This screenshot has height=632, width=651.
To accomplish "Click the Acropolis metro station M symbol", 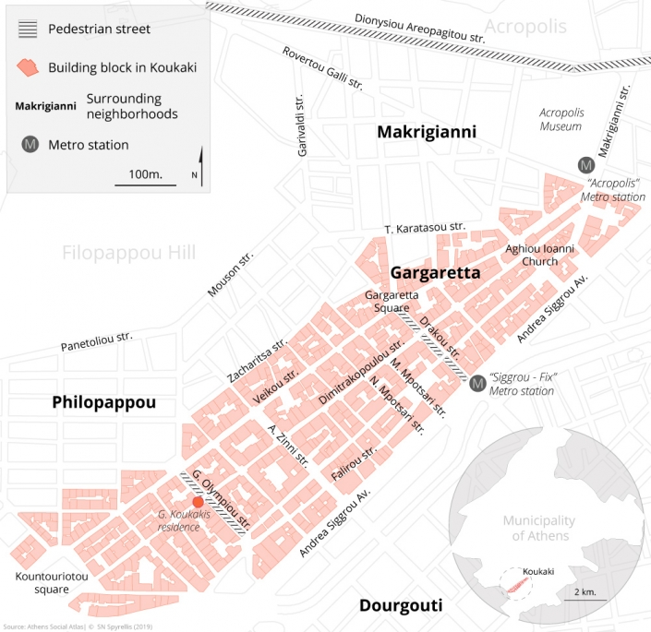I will pos(585,165).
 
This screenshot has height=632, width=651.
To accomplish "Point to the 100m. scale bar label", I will pos(144,173).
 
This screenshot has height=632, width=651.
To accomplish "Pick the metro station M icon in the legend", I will pos(31,144).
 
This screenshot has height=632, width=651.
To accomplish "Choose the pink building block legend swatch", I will pos(31,67).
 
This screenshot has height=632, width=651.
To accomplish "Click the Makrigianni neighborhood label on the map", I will pos(426,133).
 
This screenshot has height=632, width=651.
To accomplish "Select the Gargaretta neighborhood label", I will pos(435,273).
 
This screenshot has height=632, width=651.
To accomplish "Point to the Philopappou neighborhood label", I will pos(104,402).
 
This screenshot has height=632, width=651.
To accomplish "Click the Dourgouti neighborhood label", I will pos(399,606).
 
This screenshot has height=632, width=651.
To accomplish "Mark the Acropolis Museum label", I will pos(561,119).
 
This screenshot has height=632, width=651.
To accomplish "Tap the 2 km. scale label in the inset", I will pos(585,590).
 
